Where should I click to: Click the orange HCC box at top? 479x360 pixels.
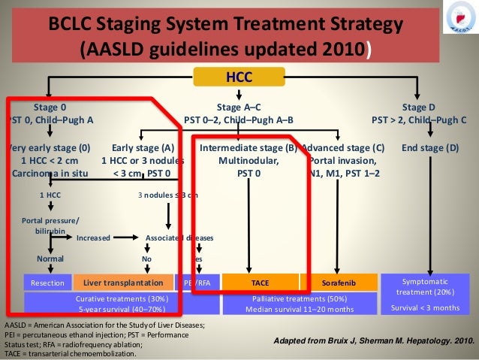239,77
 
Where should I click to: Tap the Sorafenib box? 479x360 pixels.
333,283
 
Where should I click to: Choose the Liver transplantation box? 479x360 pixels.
123,283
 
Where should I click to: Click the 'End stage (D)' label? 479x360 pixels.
430,148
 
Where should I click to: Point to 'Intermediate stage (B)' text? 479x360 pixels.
249,148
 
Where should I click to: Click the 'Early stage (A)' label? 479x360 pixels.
142,148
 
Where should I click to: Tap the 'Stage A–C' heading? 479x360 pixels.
239,107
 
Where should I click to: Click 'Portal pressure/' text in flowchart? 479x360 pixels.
50,219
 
